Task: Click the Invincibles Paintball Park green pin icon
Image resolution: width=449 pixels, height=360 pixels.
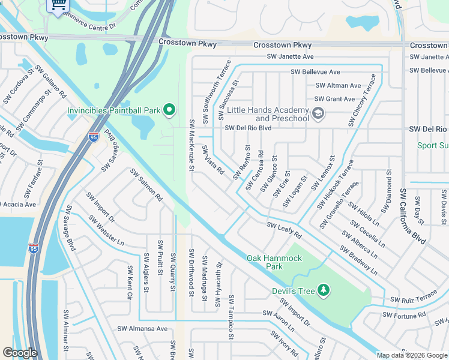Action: click(169, 109)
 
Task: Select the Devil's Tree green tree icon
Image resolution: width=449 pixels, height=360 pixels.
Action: click(324, 290)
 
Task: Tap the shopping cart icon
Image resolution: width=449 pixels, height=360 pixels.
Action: click(58, 5)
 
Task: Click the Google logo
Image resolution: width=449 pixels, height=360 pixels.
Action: click(20, 353)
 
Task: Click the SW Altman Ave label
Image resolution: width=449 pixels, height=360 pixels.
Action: click(338, 85)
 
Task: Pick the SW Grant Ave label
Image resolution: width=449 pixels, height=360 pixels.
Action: click(334, 99)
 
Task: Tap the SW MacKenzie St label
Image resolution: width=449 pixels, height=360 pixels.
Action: click(191, 144)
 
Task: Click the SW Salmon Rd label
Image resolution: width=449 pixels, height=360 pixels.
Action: click(146, 184)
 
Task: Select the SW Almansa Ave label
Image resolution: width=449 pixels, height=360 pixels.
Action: click(142, 328)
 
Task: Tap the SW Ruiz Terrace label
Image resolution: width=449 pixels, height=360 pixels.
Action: click(414, 298)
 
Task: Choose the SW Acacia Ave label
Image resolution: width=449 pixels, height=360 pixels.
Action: click(18, 204)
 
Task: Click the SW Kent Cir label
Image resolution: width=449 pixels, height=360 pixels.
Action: click(129, 283)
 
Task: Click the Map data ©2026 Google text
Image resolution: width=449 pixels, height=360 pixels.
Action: click(412, 355)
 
